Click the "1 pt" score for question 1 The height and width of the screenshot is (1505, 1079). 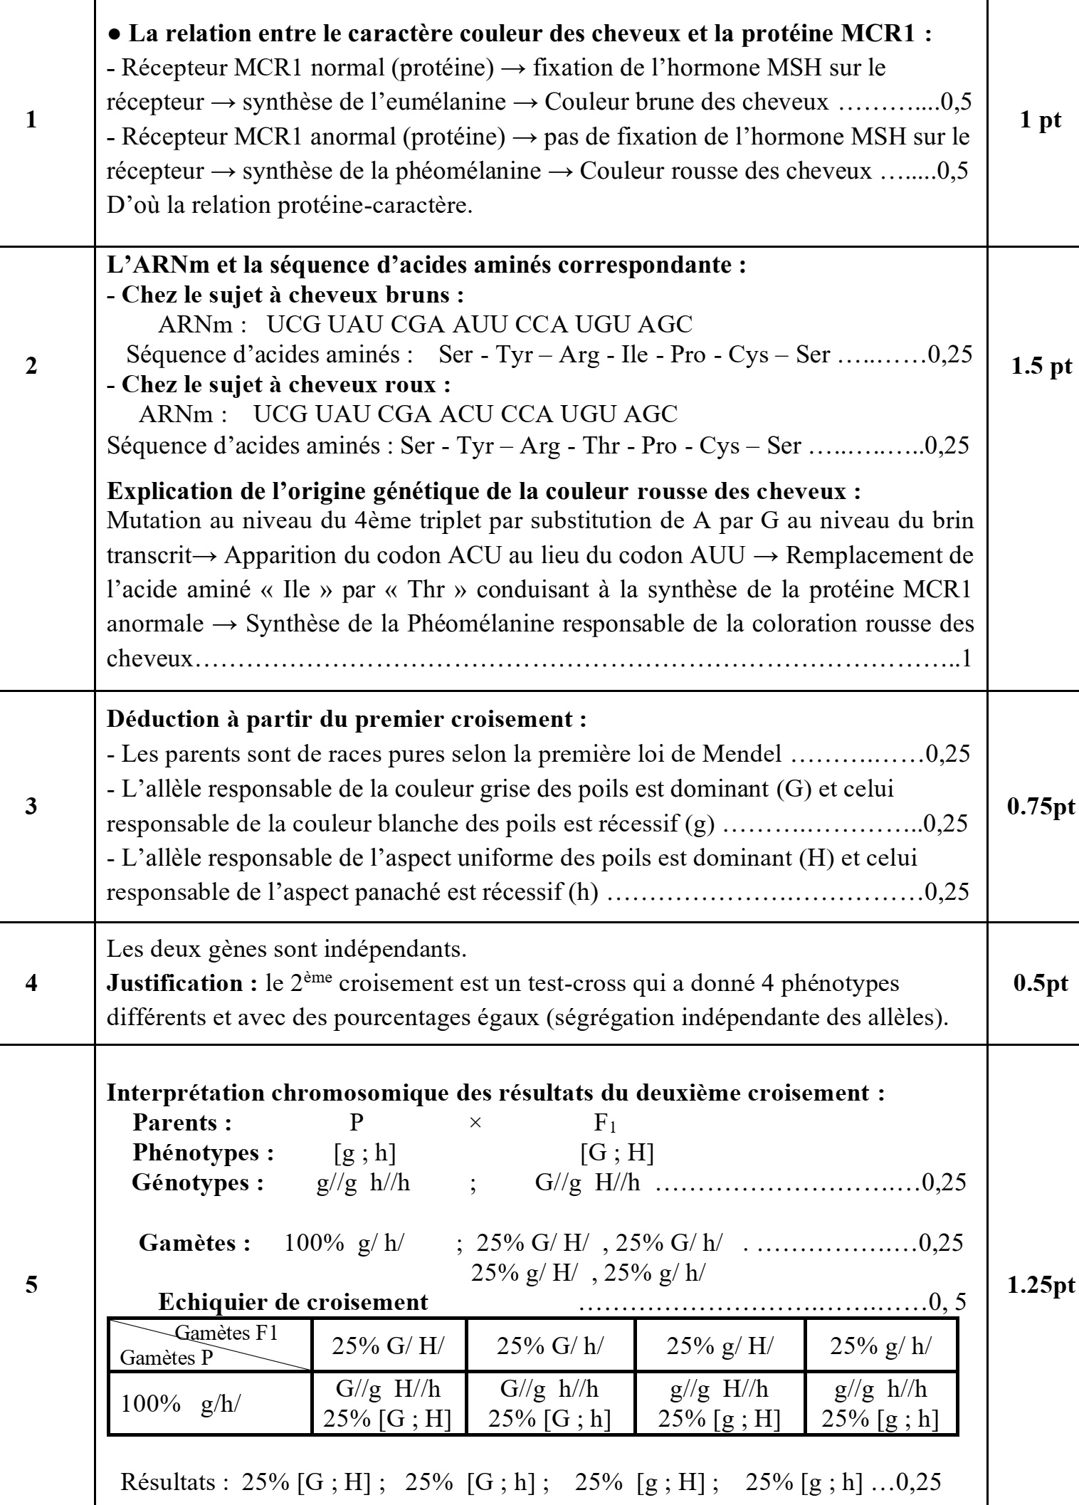point(1041,120)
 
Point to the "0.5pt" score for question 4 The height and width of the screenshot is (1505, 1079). point(1041,982)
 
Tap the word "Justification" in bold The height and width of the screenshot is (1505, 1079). point(177,983)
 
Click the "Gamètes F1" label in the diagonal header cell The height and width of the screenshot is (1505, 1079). point(226,1332)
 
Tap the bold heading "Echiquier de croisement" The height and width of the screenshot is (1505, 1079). point(293,1301)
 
